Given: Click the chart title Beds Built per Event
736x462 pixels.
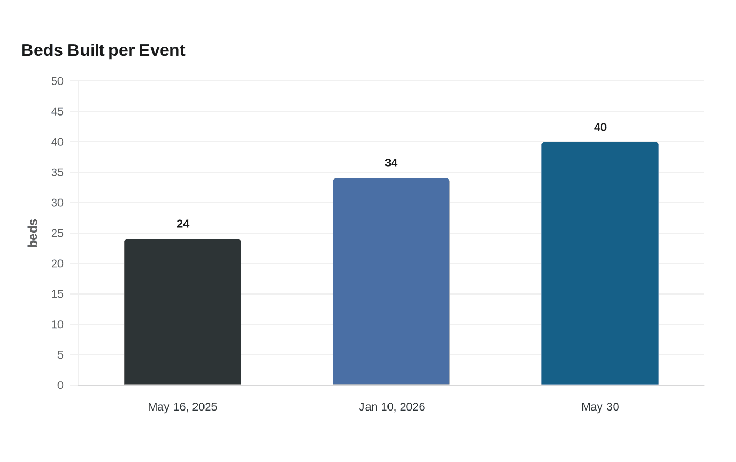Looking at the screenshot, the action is click(x=103, y=50).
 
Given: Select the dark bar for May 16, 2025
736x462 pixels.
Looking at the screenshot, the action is click(x=183, y=312).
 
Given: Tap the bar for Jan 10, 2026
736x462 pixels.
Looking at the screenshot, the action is click(x=391, y=281).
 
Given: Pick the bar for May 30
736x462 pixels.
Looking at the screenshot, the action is click(x=600, y=263).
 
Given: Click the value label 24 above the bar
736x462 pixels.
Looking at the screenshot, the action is click(x=183, y=224).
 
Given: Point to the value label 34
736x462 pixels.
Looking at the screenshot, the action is click(x=391, y=163).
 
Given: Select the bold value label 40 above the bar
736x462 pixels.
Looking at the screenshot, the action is click(x=600, y=127).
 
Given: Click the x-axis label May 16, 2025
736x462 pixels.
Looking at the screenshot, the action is click(x=183, y=407).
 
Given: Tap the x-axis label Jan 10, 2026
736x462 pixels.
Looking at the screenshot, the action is click(x=392, y=407).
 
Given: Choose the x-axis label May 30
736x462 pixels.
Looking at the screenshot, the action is click(x=600, y=407).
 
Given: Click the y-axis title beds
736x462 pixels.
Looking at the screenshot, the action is click(x=33, y=233).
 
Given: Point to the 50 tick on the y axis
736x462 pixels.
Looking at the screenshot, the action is click(x=57, y=81).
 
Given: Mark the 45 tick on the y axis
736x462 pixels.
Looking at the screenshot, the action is click(x=57, y=111).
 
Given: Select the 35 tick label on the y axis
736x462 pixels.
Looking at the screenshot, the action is click(x=57, y=172).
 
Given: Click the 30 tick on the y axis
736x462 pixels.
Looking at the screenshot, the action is click(x=57, y=203).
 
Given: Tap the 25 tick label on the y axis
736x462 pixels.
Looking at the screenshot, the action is click(x=57, y=233).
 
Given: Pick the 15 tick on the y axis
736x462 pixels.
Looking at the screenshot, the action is click(x=57, y=294).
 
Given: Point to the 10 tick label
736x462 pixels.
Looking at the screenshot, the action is click(x=57, y=324).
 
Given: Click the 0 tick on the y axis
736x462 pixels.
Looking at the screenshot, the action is click(x=60, y=385).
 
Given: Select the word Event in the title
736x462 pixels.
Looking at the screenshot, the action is click(x=162, y=50).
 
